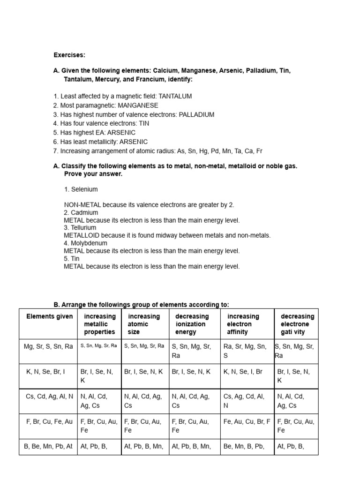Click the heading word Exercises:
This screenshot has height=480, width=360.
(69, 55)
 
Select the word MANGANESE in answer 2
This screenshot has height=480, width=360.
(138, 105)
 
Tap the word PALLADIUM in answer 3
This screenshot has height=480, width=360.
(196, 114)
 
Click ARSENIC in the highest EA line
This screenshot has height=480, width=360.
(121, 133)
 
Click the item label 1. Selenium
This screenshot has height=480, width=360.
(81, 189)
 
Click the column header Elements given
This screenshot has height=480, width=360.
(49, 316)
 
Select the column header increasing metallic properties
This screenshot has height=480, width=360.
(98, 324)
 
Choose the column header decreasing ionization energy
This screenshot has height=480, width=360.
(192, 324)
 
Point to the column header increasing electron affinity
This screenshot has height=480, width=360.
(243, 324)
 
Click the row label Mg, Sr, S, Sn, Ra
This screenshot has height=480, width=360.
(48, 346)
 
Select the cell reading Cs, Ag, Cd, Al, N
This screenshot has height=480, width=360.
(245, 401)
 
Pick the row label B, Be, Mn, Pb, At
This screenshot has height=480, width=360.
(48, 446)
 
